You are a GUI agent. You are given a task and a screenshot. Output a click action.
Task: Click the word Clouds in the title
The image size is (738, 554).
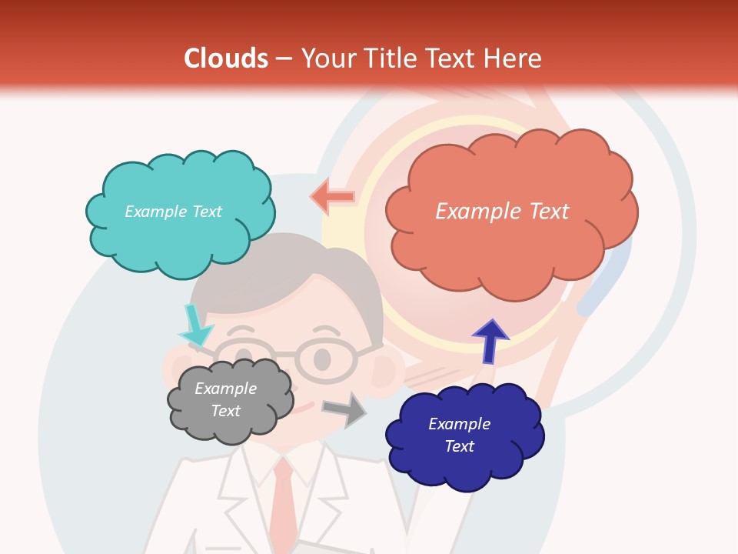click(x=226, y=58)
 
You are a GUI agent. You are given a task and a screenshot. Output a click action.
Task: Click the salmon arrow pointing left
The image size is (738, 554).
click(x=333, y=197)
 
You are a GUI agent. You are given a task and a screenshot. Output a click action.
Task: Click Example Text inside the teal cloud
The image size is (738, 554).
click(x=173, y=212)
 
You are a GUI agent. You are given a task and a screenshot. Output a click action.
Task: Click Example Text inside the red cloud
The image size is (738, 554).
click(x=502, y=212)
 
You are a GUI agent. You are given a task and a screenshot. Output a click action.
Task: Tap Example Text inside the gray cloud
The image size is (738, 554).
click(x=225, y=399)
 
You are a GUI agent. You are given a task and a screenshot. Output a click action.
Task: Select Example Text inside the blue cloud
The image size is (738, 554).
click(x=459, y=435)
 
